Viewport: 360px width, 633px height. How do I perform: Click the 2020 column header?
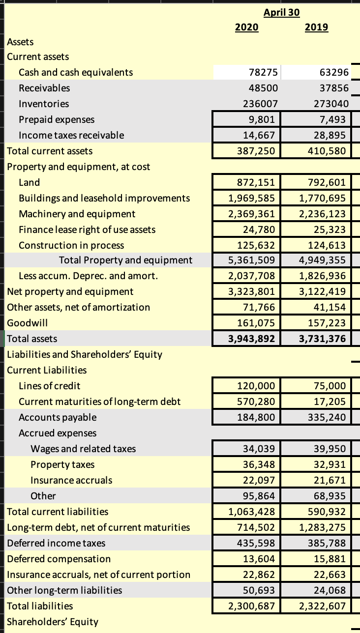point(246,28)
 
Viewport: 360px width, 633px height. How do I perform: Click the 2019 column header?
point(317,28)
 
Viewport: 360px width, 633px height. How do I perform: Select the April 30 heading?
point(281,12)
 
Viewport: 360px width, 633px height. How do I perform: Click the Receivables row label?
point(44,88)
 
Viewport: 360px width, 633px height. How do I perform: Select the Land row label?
point(30,183)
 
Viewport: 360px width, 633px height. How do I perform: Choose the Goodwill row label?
point(27,323)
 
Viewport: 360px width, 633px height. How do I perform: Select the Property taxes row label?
point(62,464)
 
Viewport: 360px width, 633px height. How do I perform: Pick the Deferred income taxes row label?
point(56,543)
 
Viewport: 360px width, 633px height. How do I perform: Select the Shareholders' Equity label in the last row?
point(53,622)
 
